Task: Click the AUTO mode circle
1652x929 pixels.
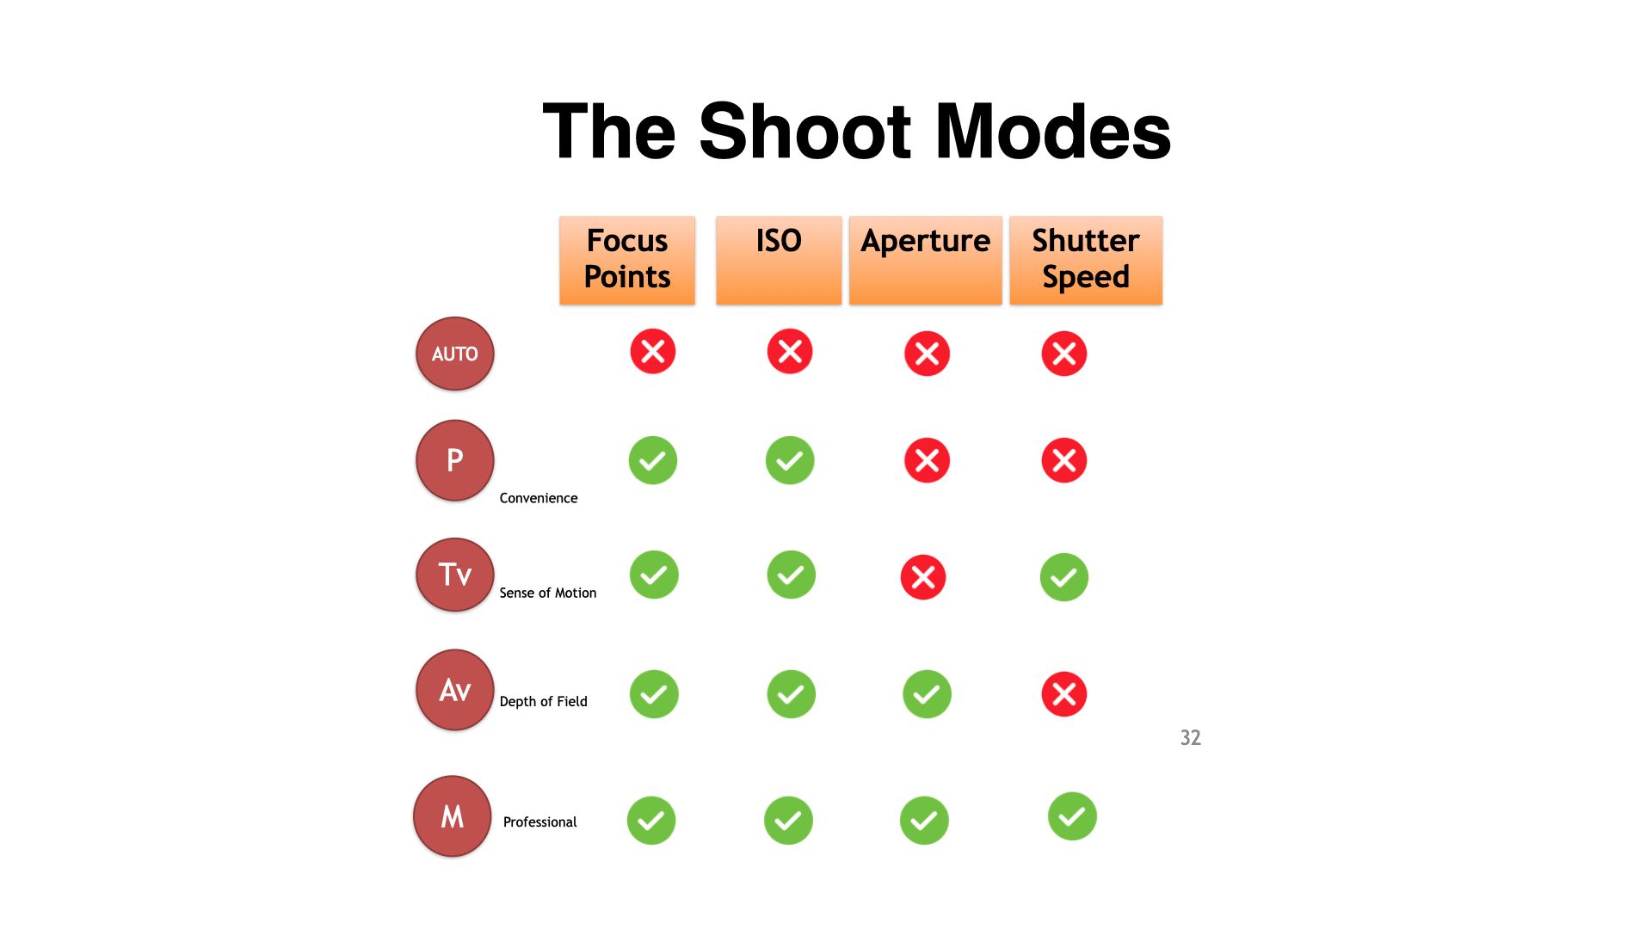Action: point(454,354)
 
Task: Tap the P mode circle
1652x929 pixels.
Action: point(454,460)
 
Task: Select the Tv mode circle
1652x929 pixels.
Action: point(454,575)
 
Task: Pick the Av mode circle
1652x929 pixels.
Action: point(454,690)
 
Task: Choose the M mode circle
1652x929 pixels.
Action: point(452,816)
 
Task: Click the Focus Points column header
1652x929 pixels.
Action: point(626,260)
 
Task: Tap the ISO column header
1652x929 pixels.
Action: point(779,260)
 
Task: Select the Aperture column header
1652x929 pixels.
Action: point(925,260)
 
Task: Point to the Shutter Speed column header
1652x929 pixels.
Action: point(1085,260)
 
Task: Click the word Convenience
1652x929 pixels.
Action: point(539,498)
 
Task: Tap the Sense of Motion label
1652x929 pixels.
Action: point(547,593)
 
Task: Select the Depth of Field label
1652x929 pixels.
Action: point(543,701)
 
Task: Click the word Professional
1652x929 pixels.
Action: point(539,822)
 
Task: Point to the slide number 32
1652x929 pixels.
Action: point(1190,738)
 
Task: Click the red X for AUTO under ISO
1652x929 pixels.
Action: point(790,351)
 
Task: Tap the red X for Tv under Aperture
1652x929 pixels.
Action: point(923,577)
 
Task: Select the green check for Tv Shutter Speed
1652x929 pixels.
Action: point(1064,577)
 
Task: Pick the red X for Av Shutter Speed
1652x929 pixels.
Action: point(1064,694)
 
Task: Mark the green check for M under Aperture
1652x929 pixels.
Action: point(924,821)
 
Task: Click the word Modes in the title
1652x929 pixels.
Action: point(1052,132)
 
